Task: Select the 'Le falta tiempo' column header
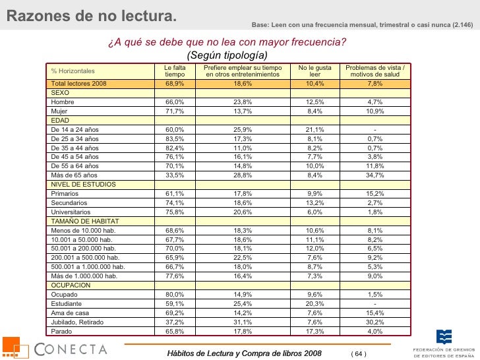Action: [x=175, y=71]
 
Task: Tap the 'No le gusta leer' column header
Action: [x=315, y=71]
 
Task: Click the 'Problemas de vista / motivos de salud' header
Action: [x=375, y=71]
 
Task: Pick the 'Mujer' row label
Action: [x=61, y=111]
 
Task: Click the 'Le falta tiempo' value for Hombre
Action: [x=175, y=102]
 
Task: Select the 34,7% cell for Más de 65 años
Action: [x=375, y=175]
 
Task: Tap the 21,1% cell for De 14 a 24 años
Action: [x=315, y=130]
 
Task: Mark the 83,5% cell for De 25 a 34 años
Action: [x=175, y=139]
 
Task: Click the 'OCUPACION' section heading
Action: [x=69, y=285]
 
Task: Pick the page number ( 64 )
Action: [x=359, y=354]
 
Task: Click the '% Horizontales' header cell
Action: [x=73, y=71]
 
